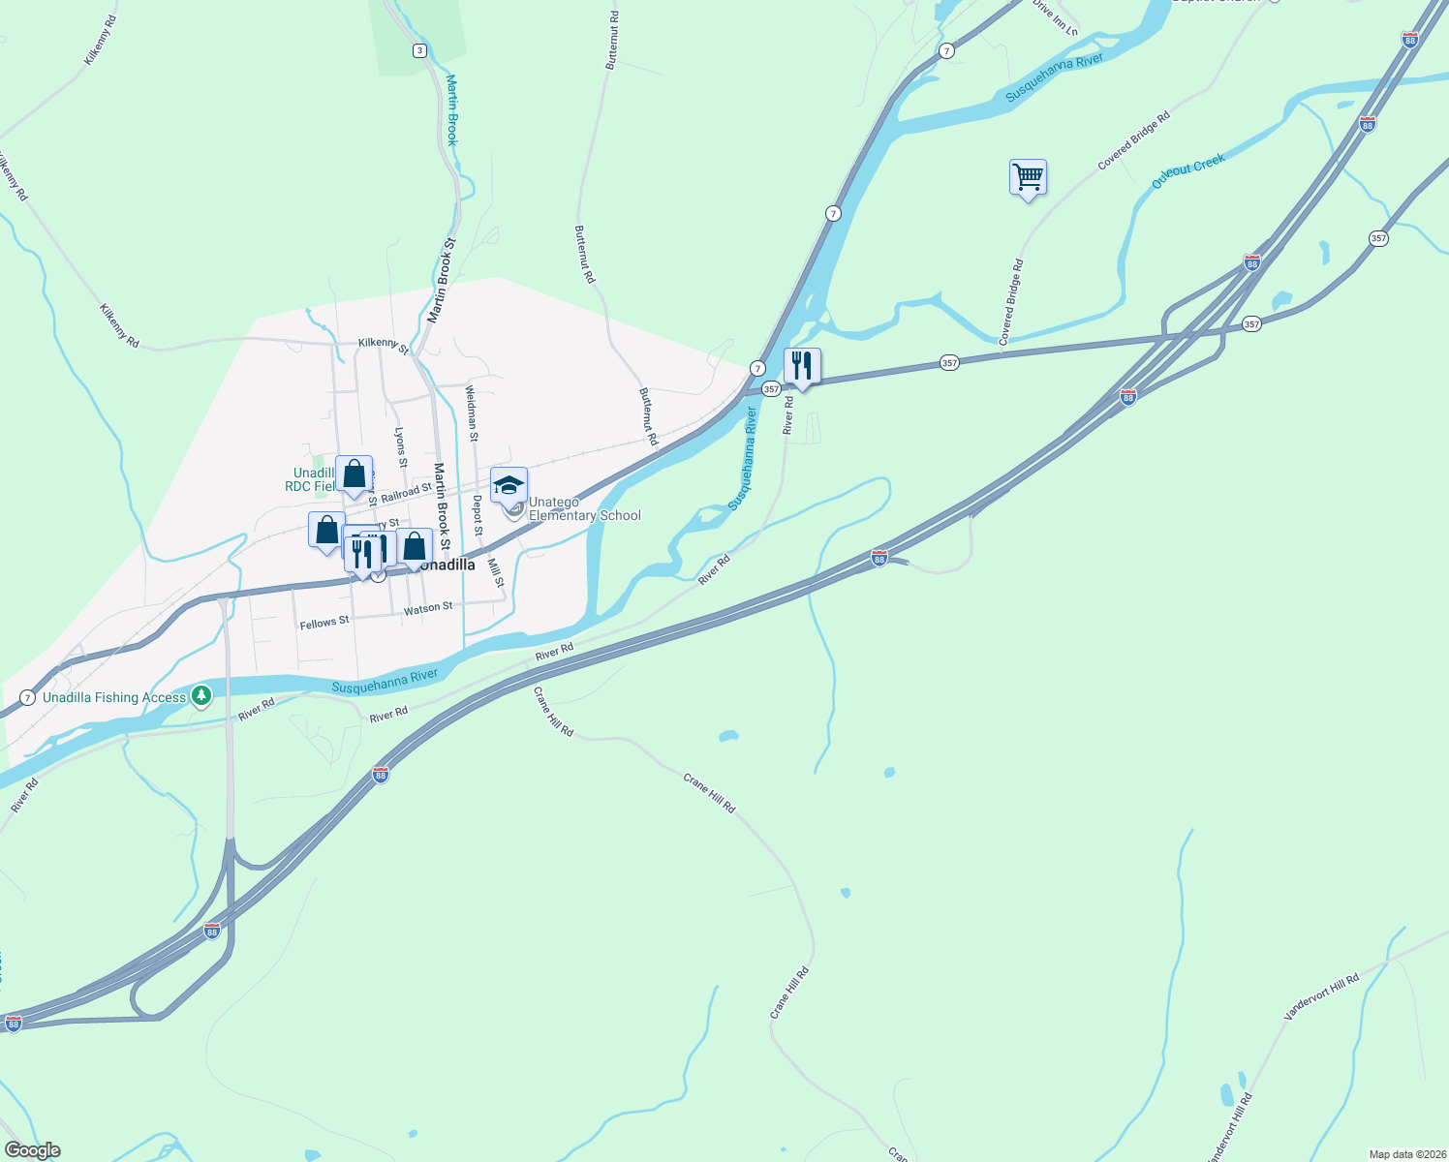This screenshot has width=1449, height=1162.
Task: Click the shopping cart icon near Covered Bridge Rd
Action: (x=1028, y=178)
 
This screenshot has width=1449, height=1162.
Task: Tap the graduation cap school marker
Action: (x=509, y=485)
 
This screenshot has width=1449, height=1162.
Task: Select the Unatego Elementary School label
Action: (x=584, y=509)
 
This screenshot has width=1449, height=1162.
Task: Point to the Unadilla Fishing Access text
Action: (x=114, y=697)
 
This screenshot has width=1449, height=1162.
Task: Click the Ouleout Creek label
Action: (x=1188, y=171)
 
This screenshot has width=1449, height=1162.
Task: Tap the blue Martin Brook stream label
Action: (x=452, y=109)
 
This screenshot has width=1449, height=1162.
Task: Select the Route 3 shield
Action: (x=419, y=50)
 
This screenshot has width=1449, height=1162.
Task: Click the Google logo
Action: (x=33, y=1150)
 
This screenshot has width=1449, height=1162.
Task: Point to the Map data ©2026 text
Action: (x=1405, y=1154)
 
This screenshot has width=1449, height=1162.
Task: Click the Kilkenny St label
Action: (x=384, y=344)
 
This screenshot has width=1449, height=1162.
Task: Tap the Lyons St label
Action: (x=400, y=447)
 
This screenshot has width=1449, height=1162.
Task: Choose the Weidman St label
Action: (x=472, y=413)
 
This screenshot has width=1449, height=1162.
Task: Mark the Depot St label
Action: (x=478, y=515)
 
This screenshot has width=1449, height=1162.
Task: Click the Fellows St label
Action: (x=324, y=623)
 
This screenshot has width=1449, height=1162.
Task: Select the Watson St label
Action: (x=428, y=608)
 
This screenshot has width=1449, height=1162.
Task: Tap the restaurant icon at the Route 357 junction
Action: (x=802, y=366)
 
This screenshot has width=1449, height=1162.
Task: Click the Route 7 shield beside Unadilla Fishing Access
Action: (x=27, y=697)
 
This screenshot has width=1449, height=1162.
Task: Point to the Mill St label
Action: (x=496, y=572)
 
